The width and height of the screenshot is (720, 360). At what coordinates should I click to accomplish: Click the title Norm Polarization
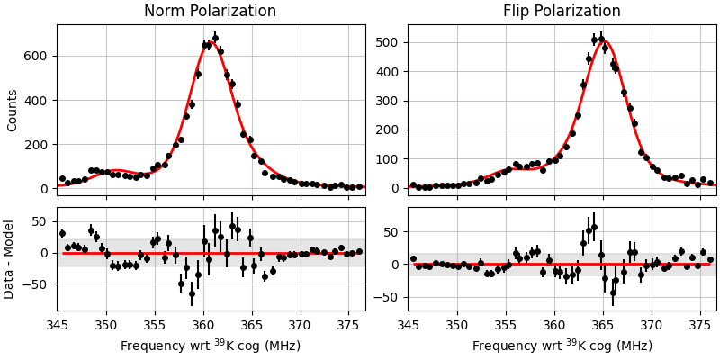point(210,12)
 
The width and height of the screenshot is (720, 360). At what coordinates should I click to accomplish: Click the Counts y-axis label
point(13,110)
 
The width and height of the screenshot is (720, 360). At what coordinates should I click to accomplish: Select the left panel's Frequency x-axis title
point(211,346)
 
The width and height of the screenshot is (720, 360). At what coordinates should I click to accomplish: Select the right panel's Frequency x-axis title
point(562,346)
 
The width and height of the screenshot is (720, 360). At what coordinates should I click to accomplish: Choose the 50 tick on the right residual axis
point(392,231)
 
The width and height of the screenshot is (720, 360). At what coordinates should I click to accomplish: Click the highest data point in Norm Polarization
point(214,38)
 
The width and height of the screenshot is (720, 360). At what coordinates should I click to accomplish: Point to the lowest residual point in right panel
point(613,292)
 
